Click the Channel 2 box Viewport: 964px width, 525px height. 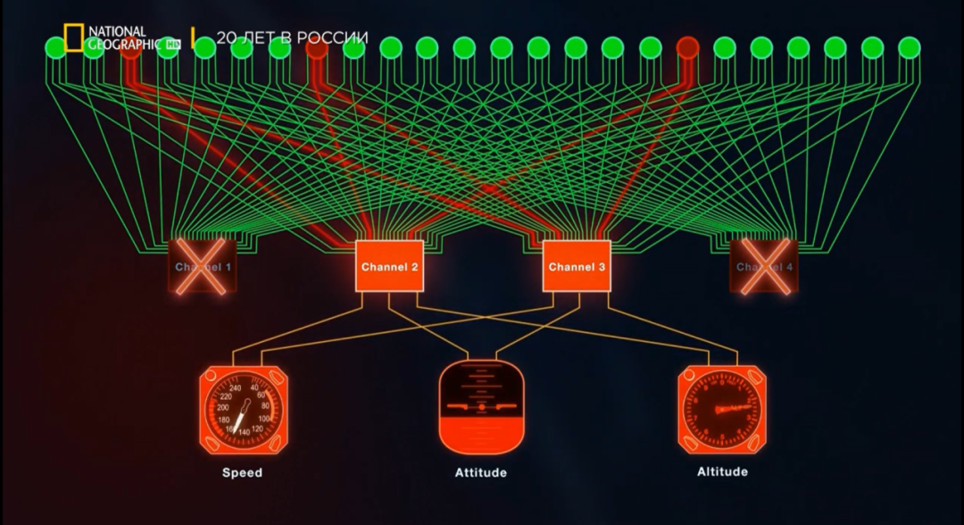(389, 266)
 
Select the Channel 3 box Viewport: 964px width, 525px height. (577, 266)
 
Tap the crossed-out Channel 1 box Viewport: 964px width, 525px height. (204, 266)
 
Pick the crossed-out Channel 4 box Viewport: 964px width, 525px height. (763, 266)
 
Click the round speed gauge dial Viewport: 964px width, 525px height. (243, 411)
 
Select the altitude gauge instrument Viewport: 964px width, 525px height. (721, 411)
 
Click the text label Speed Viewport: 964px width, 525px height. (243, 472)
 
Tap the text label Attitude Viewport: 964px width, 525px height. (480, 472)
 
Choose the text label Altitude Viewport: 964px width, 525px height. (722, 471)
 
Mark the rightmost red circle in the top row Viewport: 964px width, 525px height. (687, 46)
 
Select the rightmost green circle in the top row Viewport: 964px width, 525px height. (909, 46)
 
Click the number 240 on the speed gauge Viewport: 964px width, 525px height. (236, 387)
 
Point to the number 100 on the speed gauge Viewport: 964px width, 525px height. (264, 419)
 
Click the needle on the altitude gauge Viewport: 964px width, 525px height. (734, 409)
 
